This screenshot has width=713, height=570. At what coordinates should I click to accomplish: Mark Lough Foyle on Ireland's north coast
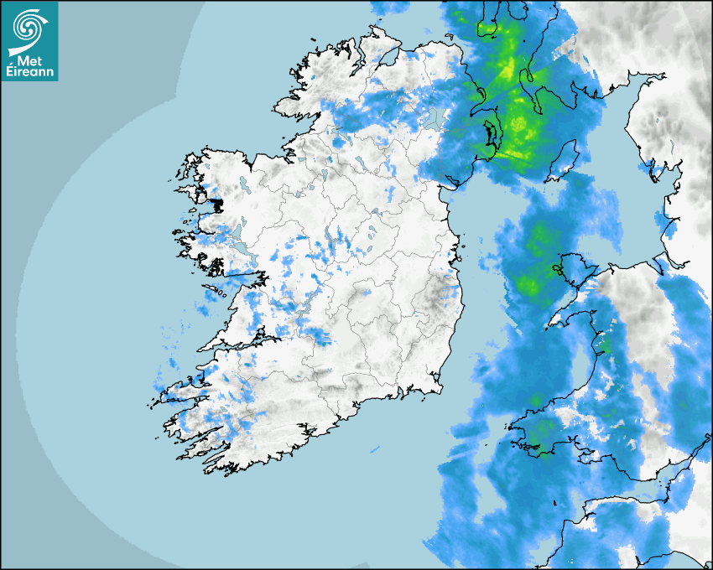[x=388, y=57]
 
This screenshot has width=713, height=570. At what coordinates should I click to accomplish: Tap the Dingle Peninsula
[x=180, y=388]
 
